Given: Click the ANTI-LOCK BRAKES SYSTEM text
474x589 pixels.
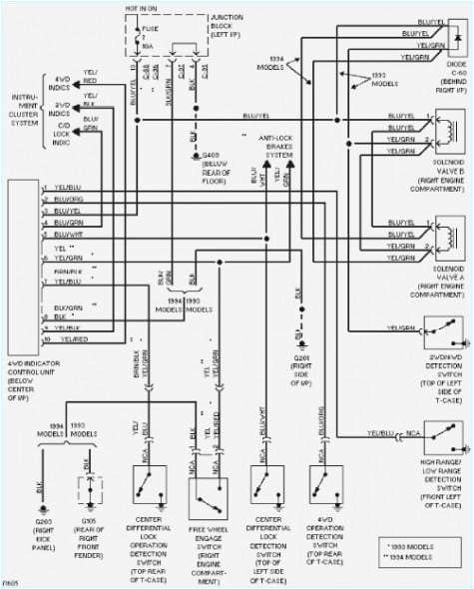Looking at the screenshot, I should tap(278, 144).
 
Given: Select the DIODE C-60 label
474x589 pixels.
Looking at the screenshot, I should tap(445, 79).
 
